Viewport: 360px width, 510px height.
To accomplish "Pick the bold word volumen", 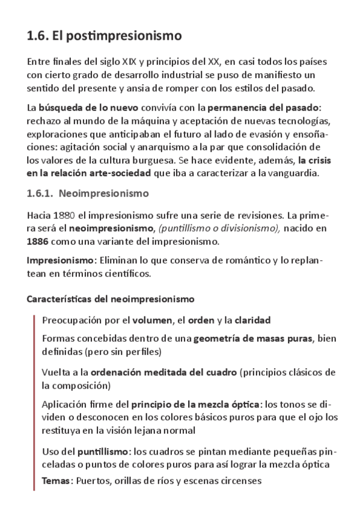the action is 151,319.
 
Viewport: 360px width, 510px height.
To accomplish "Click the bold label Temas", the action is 57,481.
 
